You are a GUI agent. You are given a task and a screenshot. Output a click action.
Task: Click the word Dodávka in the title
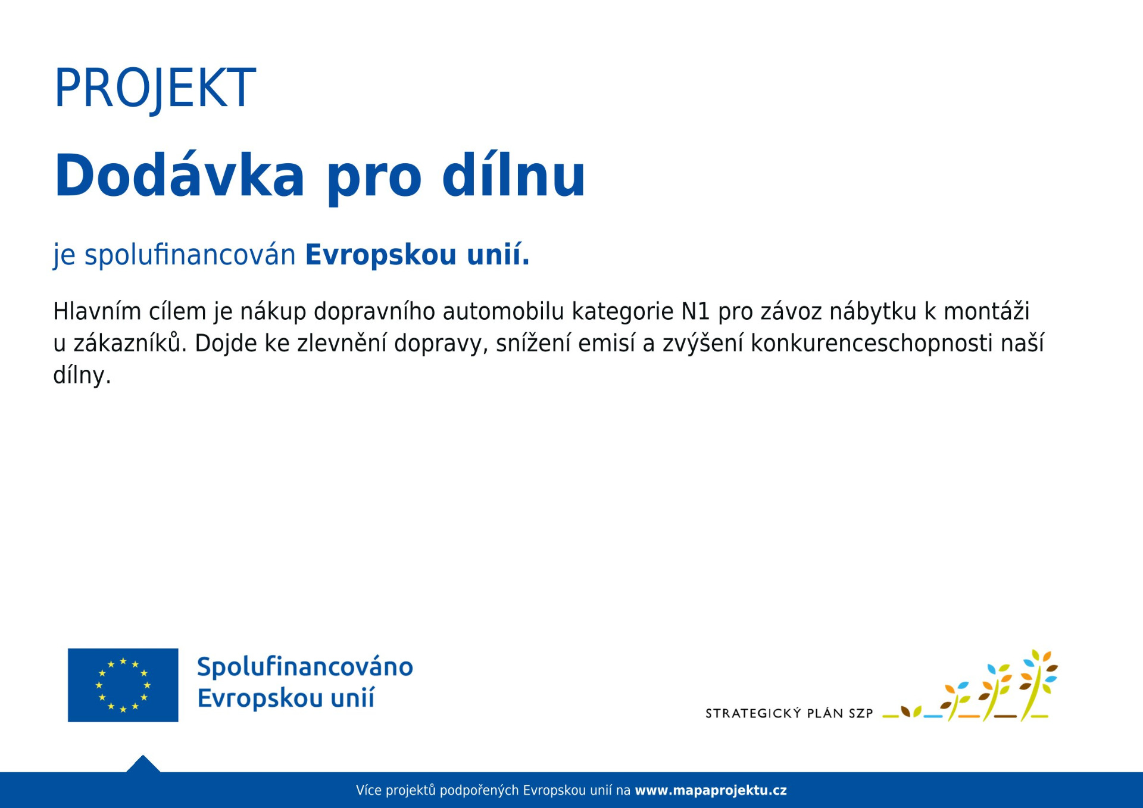179,175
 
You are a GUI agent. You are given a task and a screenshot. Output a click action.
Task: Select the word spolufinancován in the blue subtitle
190,255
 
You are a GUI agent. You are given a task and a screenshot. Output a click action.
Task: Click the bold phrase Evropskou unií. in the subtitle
417,254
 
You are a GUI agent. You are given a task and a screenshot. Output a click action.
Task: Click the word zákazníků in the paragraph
126,343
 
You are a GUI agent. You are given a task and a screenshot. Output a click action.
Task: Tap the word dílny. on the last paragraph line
82,375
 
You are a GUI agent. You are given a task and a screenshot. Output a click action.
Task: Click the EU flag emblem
123,685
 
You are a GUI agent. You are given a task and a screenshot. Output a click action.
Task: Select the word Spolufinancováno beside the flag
305,667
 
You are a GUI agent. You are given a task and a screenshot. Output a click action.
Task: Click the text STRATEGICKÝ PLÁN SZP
789,713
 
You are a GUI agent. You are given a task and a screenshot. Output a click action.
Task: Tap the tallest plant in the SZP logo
1039,685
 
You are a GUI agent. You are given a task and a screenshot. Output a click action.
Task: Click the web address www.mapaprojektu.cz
711,791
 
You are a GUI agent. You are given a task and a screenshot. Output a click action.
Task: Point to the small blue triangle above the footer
143,764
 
